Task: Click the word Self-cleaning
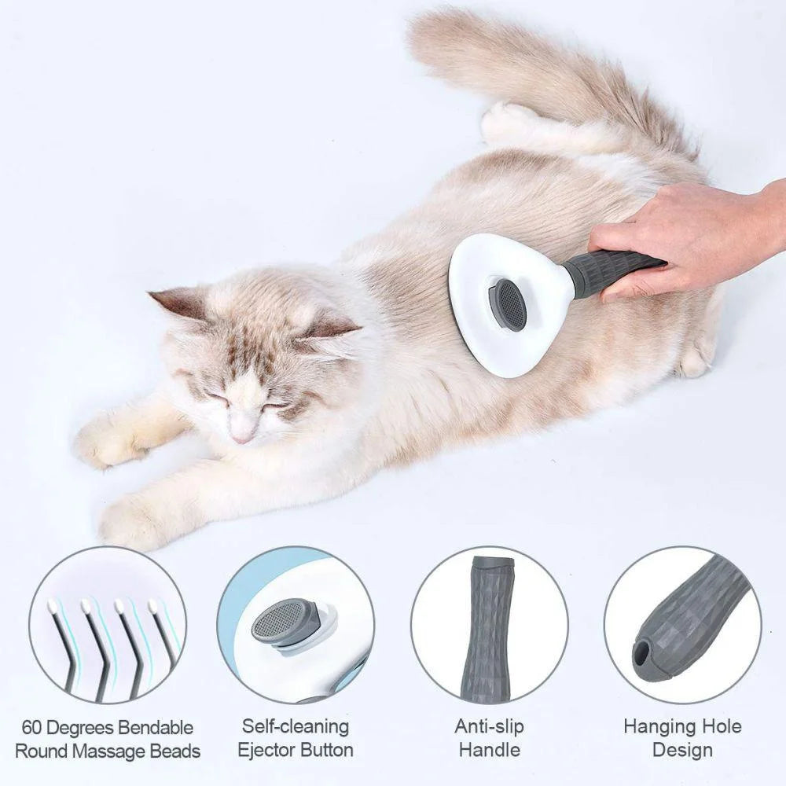(295, 726)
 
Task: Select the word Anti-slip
(488, 726)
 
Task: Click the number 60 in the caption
(34, 728)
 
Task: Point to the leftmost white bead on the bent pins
(52, 606)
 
